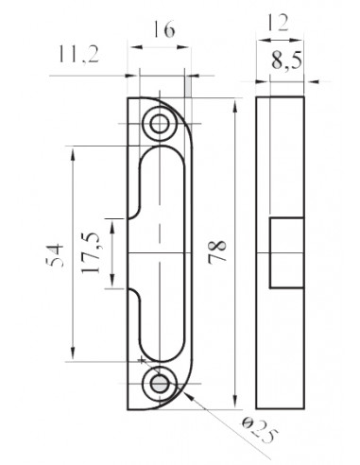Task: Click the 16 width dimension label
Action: (x=163, y=29)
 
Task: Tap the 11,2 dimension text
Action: (x=78, y=54)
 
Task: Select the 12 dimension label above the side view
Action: (x=278, y=23)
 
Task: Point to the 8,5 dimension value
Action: (x=286, y=60)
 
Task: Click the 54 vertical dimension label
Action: (x=55, y=254)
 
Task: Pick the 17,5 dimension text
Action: (x=91, y=253)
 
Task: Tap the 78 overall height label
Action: (x=217, y=251)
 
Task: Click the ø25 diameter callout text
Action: (x=260, y=431)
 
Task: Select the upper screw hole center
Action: (x=160, y=124)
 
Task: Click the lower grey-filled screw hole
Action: (x=160, y=384)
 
